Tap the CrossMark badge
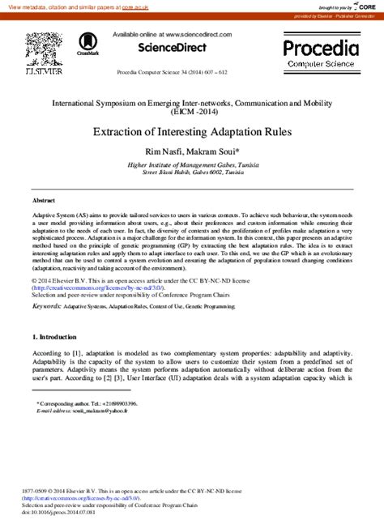tap(88, 44)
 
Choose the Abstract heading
tap(44, 199)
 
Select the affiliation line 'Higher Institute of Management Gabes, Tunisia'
tap(192, 164)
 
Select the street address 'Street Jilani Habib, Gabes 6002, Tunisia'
tap(192, 172)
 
